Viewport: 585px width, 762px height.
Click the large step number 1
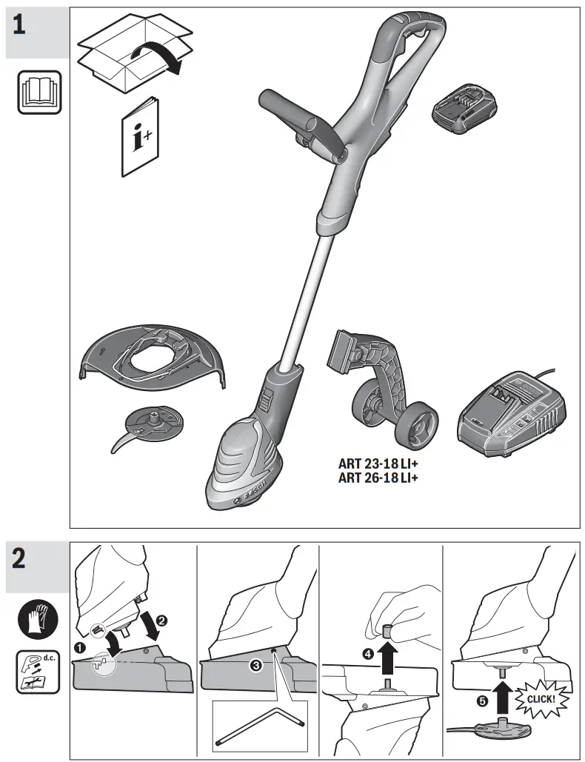click(x=20, y=24)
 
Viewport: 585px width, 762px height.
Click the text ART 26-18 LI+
click(x=378, y=477)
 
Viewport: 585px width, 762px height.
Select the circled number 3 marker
click(x=255, y=666)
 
